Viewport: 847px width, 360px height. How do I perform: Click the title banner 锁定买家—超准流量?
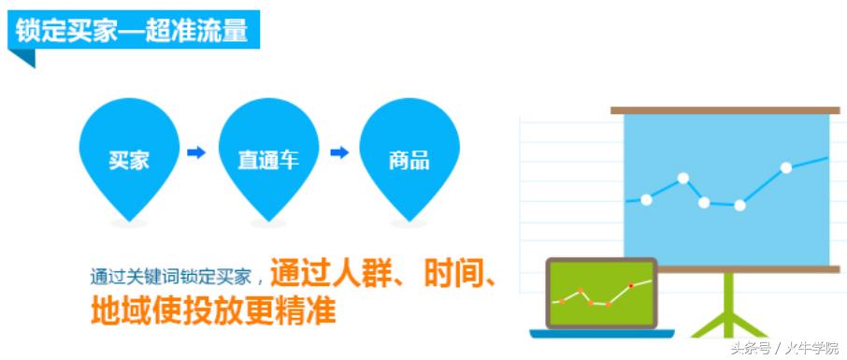[x=134, y=30]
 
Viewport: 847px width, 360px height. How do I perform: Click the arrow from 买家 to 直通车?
[x=196, y=153]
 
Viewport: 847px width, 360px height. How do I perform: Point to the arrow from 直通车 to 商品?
[x=339, y=153]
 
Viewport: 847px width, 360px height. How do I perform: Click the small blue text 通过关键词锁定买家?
[x=171, y=277]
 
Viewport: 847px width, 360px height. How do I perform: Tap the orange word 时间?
[x=451, y=275]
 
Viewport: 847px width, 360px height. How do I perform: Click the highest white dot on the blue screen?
[x=786, y=168]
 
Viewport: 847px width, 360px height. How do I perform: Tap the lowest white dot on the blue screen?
[x=740, y=206]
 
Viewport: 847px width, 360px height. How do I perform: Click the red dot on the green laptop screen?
[x=631, y=285]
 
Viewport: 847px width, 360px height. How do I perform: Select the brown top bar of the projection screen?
[x=725, y=110]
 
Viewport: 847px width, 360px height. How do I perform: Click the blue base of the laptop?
[x=602, y=334]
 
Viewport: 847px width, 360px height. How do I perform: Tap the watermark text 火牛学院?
[x=812, y=347]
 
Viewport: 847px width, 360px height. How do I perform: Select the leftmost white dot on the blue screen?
[x=646, y=200]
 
